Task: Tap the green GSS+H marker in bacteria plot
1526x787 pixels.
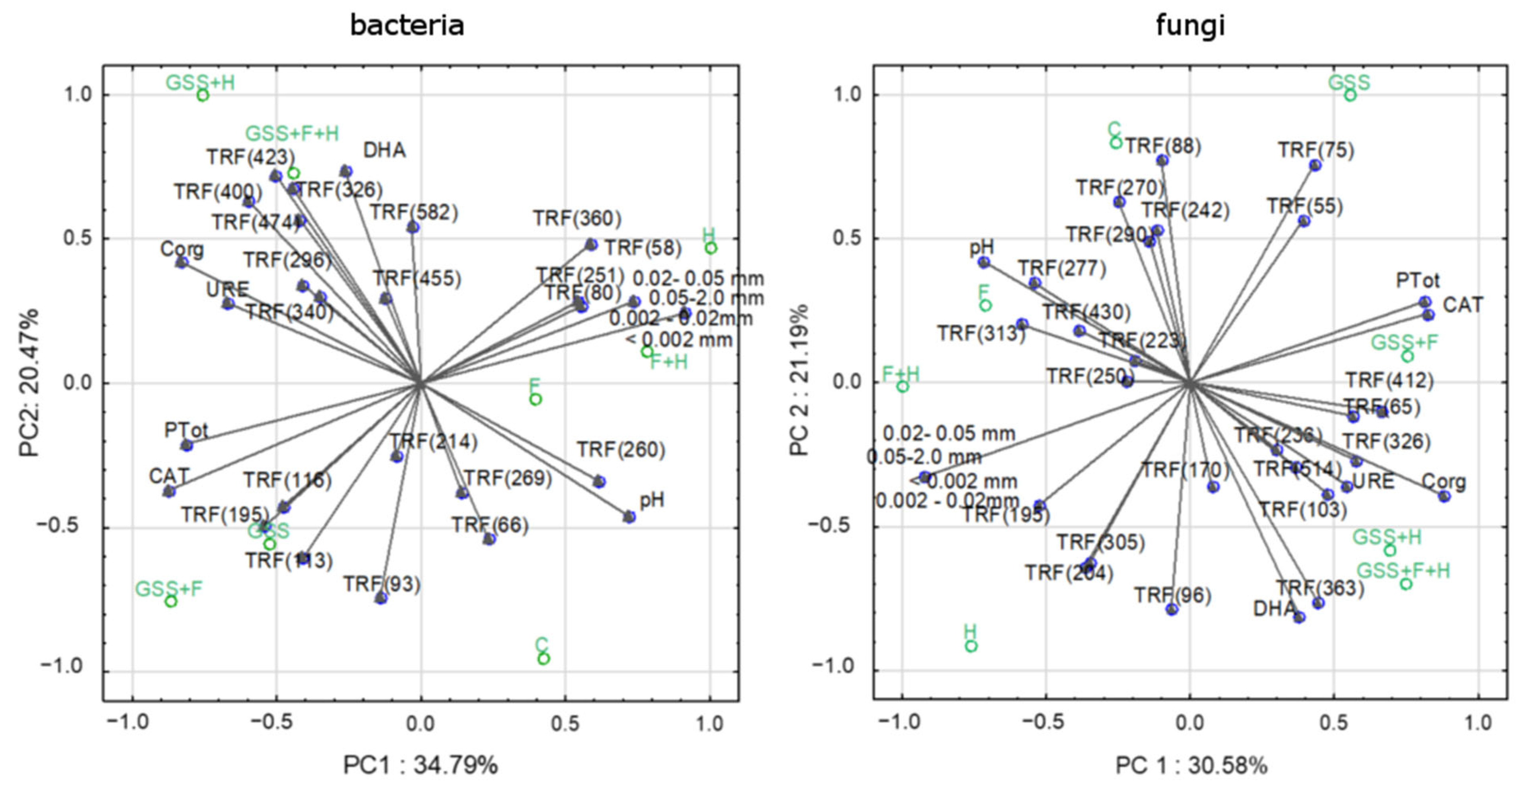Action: tap(203, 96)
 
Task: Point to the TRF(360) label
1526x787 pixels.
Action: tap(576, 219)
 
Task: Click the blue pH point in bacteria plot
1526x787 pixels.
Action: tap(629, 517)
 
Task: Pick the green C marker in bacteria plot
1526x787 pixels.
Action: tap(543, 658)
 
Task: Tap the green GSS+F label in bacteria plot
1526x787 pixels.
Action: tap(169, 589)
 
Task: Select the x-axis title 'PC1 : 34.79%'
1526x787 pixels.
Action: tap(420, 765)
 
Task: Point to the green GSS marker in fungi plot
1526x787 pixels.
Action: tap(1350, 96)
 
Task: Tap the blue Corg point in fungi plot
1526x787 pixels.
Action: tap(1444, 497)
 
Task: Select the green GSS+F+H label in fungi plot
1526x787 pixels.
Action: tap(1403, 571)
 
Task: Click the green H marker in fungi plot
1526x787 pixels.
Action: tap(971, 646)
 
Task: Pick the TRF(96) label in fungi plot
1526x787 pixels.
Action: tap(1172, 595)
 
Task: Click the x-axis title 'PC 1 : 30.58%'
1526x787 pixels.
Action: tap(1191, 765)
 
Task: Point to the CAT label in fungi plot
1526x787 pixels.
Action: tap(1463, 305)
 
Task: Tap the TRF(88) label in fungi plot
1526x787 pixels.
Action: tap(1162, 146)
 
